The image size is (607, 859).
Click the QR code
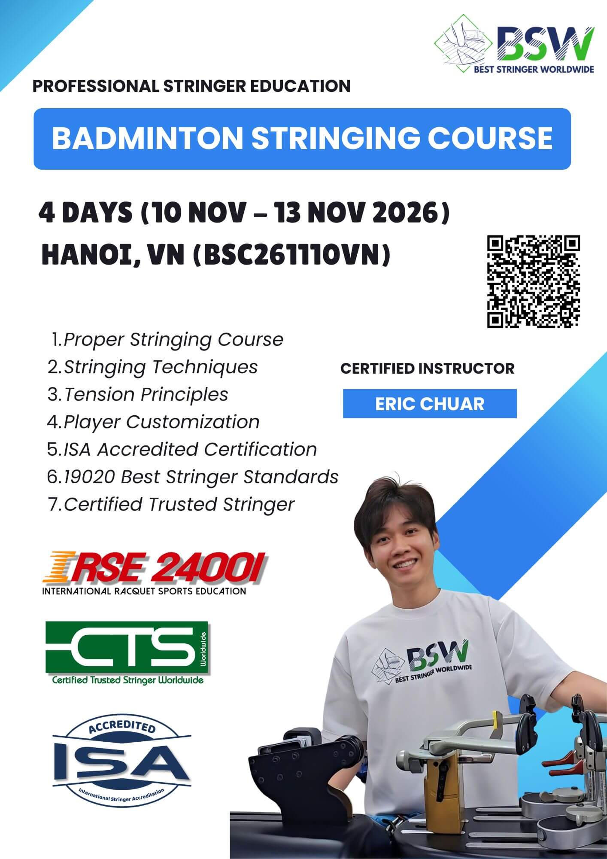click(x=533, y=281)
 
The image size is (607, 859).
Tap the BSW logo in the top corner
click(x=514, y=44)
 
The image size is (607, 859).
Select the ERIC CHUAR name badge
click(x=430, y=404)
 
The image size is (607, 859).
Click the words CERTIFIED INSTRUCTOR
click(x=427, y=369)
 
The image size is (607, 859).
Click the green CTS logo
click(x=127, y=649)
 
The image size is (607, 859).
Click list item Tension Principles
click(x=146, y=394)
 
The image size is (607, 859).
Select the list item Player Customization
click(x=161, y=422)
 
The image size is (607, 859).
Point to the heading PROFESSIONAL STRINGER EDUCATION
click(x=191, y=86)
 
